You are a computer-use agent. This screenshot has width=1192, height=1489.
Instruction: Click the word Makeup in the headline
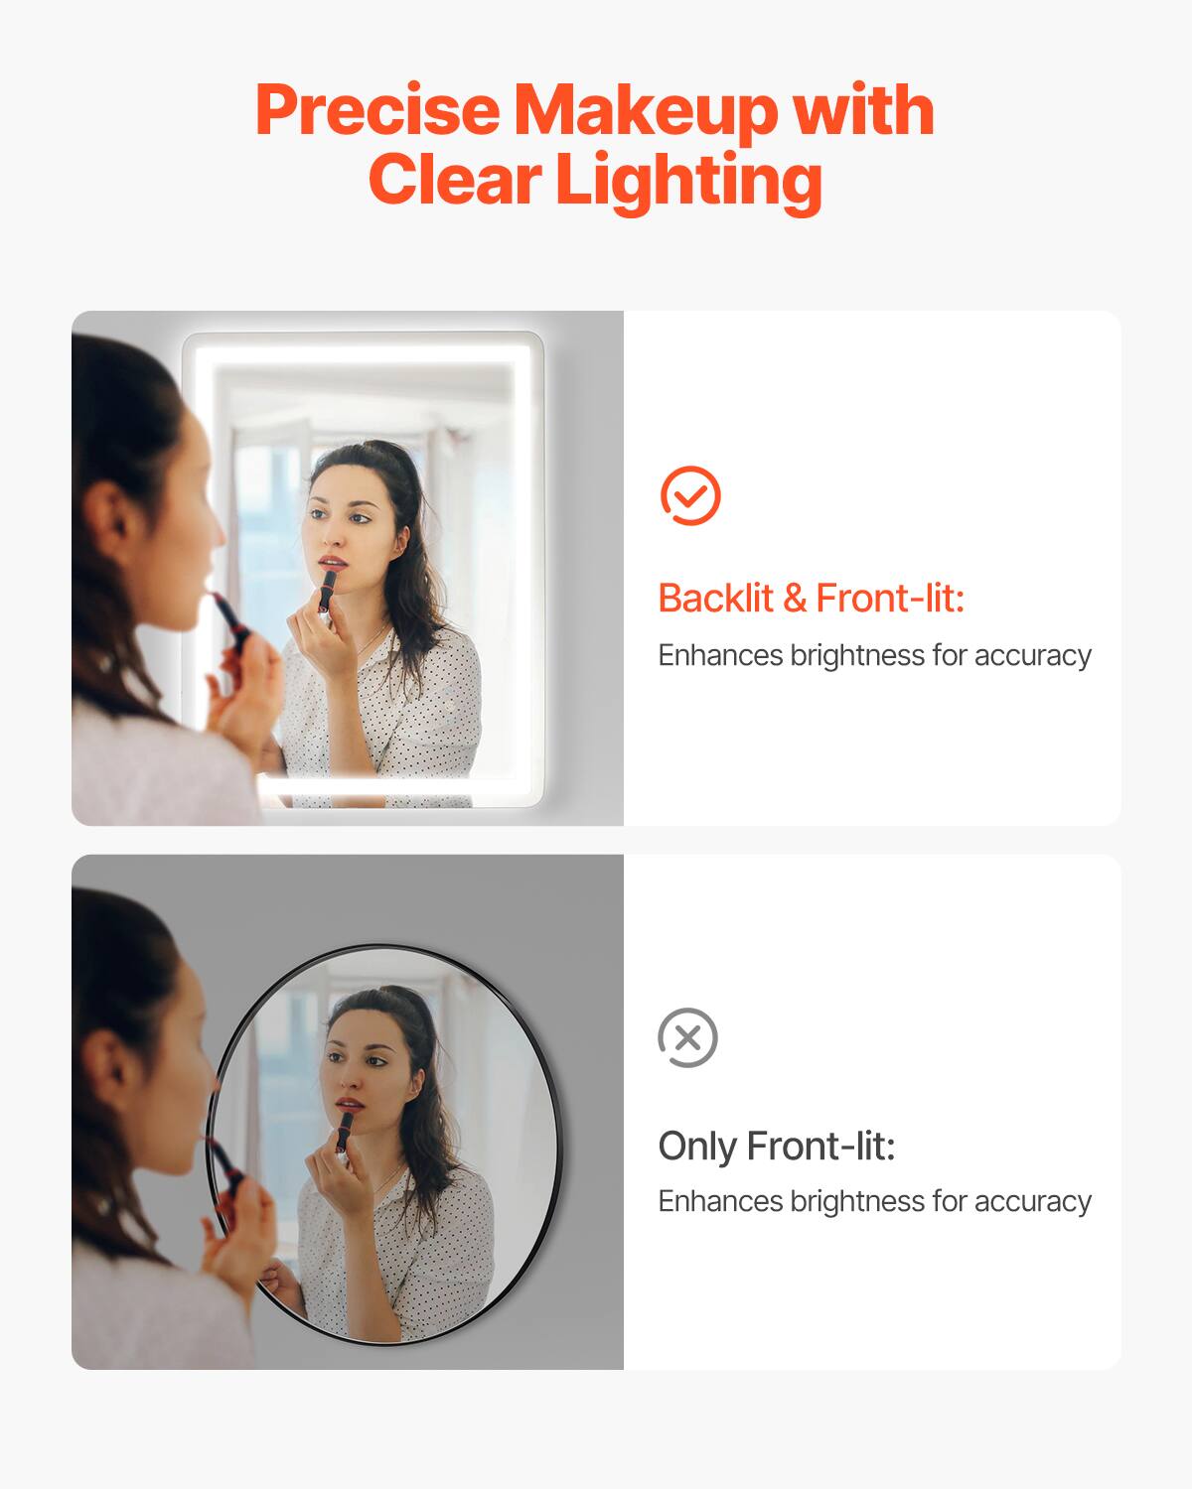click(x=647, y=111)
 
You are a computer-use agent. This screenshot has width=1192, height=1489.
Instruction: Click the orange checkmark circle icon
click(x=690, y=495)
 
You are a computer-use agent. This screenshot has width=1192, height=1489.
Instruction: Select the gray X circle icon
click(x=687, y=1038)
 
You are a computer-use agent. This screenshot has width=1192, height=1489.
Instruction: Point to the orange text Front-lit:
click(x=890, y=599)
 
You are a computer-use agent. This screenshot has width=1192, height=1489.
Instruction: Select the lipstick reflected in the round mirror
click(x=343, y=1133)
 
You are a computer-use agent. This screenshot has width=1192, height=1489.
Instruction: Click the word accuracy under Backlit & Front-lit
click(x=1032, y=655)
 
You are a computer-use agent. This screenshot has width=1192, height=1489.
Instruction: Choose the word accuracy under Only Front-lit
click(x=1032, y=1201)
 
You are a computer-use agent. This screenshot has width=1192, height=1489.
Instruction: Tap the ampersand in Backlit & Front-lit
click(x=795, y=599)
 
